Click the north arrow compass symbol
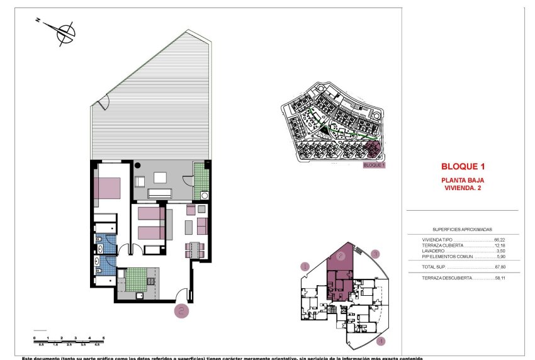coord(64,33)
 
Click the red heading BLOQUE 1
coord(463,167)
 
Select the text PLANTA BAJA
coord(463,181)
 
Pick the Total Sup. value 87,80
coord(500,266)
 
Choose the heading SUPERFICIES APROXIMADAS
coord(462,230)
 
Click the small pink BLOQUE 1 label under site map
coord(374,166)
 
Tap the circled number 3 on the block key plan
coord(375,255)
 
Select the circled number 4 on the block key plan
coord(380,341)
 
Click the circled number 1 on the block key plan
coord(305,267)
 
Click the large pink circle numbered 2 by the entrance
coord(181,310)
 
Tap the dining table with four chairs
coord(194,250)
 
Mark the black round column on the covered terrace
coord(138,166)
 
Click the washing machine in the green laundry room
coord(205,196)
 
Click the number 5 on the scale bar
coord(103,338)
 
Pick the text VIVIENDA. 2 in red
coord(463,188)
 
